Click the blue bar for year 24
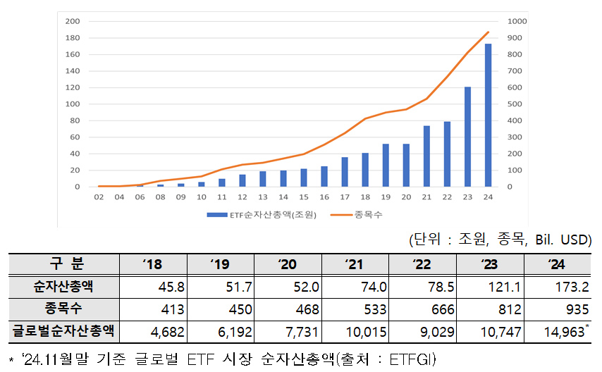coord(488,116)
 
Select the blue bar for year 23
coord(467,137)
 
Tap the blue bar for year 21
coord(426,156)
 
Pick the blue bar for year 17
coord(345,172)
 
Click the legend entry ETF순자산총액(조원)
coord(260,213)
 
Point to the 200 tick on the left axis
coord(72,21)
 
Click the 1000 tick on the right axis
coord(517,21)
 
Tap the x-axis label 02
coord(99,198)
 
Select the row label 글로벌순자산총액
coord(64,330)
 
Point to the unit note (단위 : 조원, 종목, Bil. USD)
coord(500,240)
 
